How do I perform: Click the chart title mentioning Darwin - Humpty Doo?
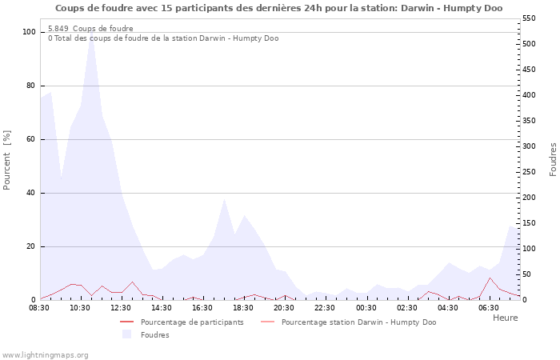[279, 8]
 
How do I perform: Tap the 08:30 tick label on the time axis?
[39, 308]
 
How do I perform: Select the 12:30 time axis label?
[121, 308]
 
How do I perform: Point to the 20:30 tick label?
[284, 308]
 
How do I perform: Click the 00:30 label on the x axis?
[366, 308]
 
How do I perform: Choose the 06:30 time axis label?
[489, 308]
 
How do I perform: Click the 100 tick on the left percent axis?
[30, 32]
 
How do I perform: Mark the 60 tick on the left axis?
[31, 139]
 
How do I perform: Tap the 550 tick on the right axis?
[529, 18]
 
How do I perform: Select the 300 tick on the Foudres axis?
[529, 146]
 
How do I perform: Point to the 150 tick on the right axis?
[529, 223]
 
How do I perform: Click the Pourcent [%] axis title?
[6, 160]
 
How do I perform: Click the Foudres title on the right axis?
[553, 160]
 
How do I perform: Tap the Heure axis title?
[506, 318]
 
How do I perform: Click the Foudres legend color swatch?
[126, 334]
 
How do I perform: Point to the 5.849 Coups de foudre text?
[90, 29]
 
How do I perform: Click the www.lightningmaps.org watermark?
[45, 355]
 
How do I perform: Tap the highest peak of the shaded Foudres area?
[91, 31]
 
